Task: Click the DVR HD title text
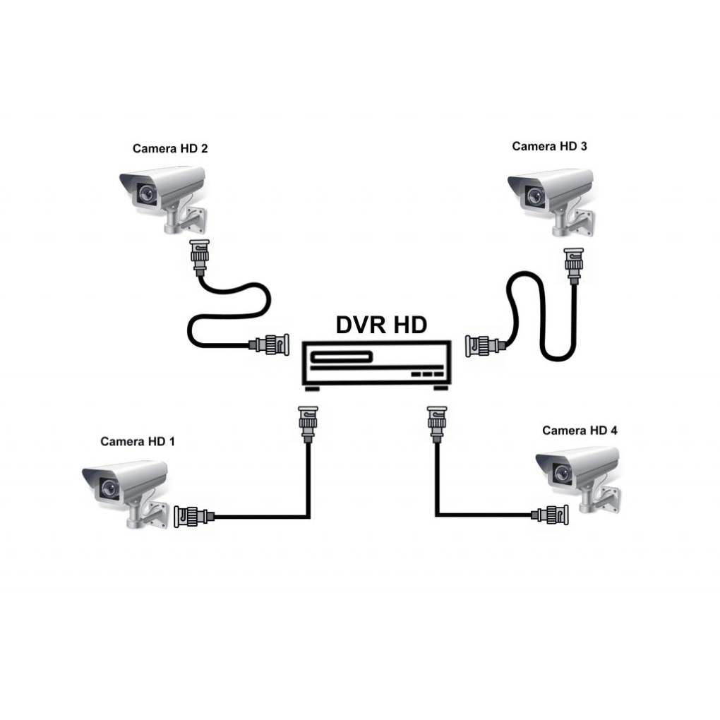tap(381, 325)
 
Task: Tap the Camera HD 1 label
tap(137, 442)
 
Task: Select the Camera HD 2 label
tap(170, 149)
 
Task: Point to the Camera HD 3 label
tap(549, 147)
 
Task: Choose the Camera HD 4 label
tap(580, 431)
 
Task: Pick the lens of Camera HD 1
tap(109, 486)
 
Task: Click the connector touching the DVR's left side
tap(270, 345)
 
